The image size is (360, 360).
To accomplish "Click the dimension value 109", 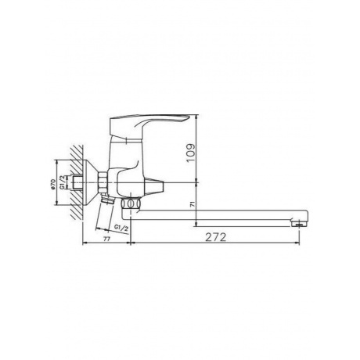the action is tap(191, 153).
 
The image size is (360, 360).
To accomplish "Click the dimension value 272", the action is tap(215, 237).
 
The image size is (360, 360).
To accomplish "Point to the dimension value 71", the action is tap(193, 204).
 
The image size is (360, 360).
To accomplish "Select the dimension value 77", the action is tap(106, 239).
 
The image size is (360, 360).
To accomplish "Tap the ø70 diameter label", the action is tap(52, 184).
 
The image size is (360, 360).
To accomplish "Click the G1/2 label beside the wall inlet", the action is tap(63, 182).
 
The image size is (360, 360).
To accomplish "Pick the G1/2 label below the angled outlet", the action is tap(121, 228).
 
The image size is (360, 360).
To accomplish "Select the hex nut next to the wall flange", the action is tap(103, 182).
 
